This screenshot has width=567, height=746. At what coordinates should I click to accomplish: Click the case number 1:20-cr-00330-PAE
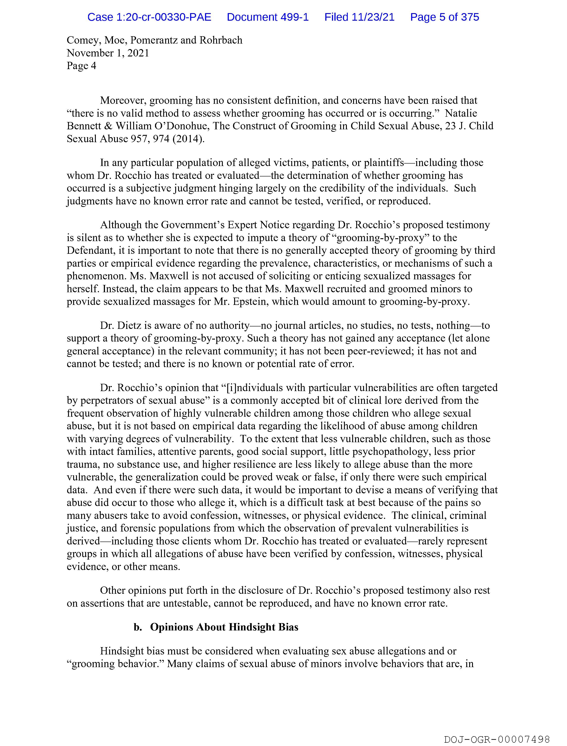pos(149,17)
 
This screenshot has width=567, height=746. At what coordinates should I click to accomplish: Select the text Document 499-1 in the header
pos(268,17)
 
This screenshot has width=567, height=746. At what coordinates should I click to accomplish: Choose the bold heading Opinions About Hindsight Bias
pos(224,627)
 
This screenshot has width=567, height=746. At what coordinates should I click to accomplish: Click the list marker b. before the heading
pos(138,627)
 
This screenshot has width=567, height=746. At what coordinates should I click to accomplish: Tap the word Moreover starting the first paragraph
pos(123,100)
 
